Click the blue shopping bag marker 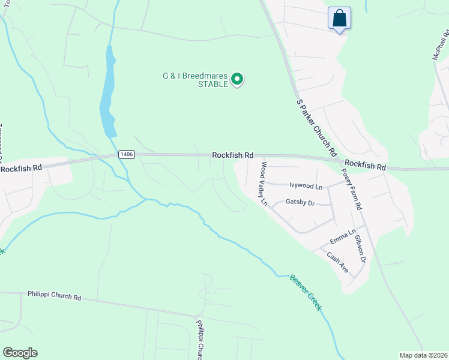339,18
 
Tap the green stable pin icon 237,79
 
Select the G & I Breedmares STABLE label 195,80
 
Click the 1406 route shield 126,154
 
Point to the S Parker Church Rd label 316,128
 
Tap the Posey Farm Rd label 351,188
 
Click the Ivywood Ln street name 306,186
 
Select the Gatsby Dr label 300,203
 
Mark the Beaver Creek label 306,292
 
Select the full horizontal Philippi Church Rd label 54,296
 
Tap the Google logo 20,353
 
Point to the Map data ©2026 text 423,355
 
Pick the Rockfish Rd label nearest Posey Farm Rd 364,164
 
